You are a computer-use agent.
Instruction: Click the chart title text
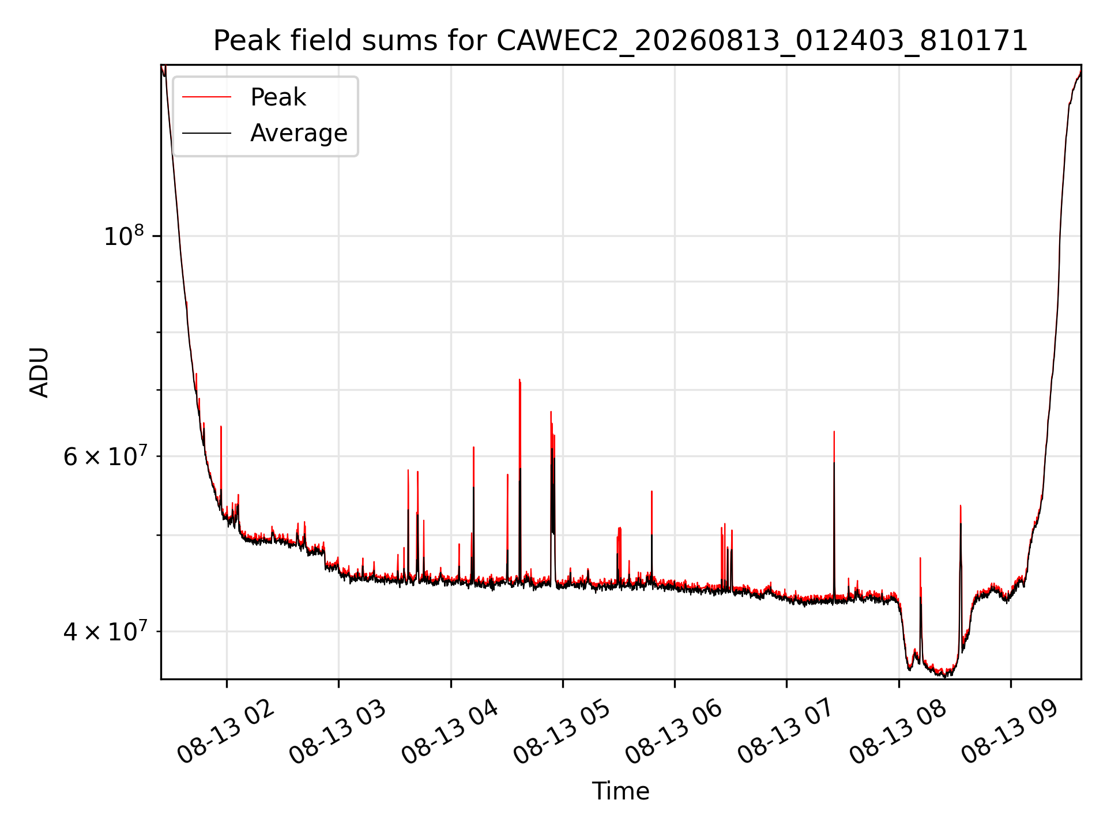(620, 41)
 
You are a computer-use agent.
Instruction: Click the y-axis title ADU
(39, 372)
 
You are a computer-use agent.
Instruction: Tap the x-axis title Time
(620, 791)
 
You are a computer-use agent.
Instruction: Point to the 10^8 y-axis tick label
(123, 236)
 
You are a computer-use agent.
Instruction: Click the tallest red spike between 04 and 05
(519, 380)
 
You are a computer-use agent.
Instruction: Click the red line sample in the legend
(206, 97)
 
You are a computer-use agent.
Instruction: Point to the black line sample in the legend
(206, 133)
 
